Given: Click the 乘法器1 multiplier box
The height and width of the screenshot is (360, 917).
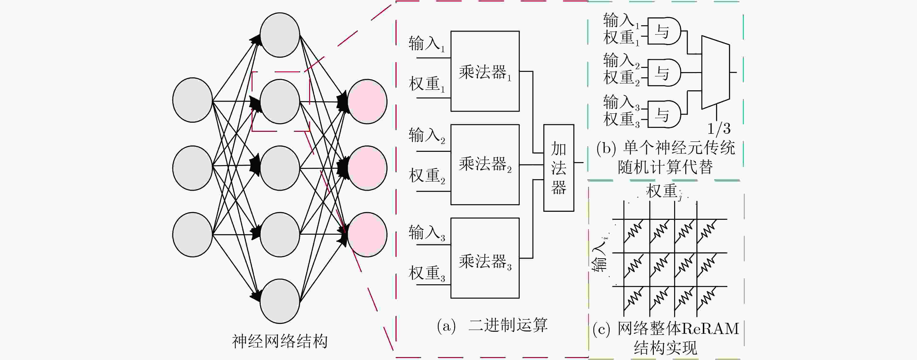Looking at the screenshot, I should pos(485,71).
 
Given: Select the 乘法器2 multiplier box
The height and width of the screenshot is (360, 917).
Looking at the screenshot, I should pos(485,165).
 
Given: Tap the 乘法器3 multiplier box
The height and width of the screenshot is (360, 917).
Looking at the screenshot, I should pos(485,258).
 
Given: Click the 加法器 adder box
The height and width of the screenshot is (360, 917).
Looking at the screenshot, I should pos(558,168).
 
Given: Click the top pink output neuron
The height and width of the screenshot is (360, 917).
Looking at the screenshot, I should pos(367,101).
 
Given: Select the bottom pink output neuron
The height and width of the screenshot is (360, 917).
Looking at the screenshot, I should pos(367,235).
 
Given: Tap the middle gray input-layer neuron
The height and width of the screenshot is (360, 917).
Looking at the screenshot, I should pos(193,168).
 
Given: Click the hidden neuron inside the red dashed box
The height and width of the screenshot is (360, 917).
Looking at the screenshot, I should pos(280,101).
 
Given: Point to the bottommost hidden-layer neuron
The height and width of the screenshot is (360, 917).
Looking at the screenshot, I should pos(280,301).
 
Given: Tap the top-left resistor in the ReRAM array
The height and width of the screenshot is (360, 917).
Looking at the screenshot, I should pos(634,231).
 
